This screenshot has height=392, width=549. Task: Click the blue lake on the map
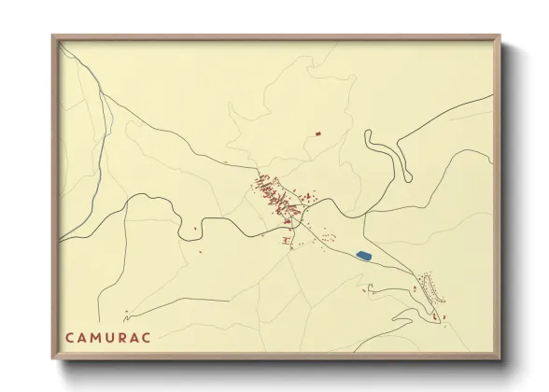pos(364,255)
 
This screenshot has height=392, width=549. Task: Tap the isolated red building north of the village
pos(317,134)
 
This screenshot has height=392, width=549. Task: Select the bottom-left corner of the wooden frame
pos(53,358)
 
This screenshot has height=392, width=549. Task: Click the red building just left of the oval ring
pos(365,290)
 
